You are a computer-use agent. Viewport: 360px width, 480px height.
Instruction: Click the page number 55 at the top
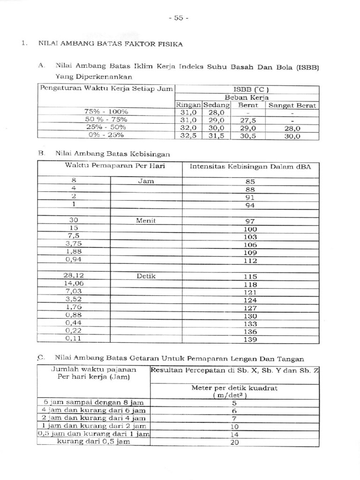pos(178,18)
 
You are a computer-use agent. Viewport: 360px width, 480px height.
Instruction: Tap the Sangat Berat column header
pos(292,105)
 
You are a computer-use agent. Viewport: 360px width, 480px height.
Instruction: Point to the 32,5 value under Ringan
pos(188,136)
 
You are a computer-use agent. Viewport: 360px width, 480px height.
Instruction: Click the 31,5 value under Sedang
pos(216,136)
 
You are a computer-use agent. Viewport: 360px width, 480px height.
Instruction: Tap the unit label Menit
pos(146,220)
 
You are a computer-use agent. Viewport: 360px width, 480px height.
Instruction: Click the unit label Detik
pos(146,276)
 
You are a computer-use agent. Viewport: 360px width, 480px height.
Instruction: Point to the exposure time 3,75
pos(74,244)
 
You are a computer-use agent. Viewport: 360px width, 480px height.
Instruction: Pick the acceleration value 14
pos(235,434)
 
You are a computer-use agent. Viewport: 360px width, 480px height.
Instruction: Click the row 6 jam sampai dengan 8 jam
pos(94,403)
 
